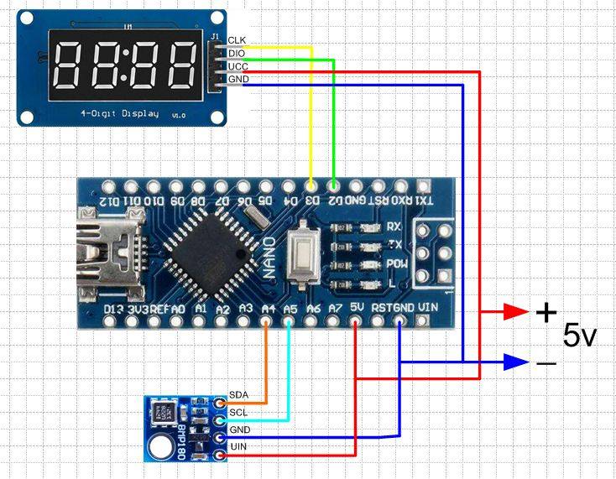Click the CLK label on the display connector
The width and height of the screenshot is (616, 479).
[237, 40]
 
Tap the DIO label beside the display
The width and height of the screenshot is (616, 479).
[237, 54]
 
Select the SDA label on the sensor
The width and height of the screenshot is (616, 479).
[238, 396]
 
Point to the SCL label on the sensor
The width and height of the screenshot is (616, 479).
[238, 412]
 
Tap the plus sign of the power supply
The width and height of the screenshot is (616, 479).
[546, 313]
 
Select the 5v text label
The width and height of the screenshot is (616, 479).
[579, 336]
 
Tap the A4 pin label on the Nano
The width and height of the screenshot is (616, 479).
[268, 310]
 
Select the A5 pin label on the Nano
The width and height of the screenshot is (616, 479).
[290, 310]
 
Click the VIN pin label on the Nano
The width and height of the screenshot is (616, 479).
[427, 307]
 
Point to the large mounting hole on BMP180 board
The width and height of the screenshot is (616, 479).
[159, 449]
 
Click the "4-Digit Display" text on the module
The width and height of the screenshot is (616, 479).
[118, 113]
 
